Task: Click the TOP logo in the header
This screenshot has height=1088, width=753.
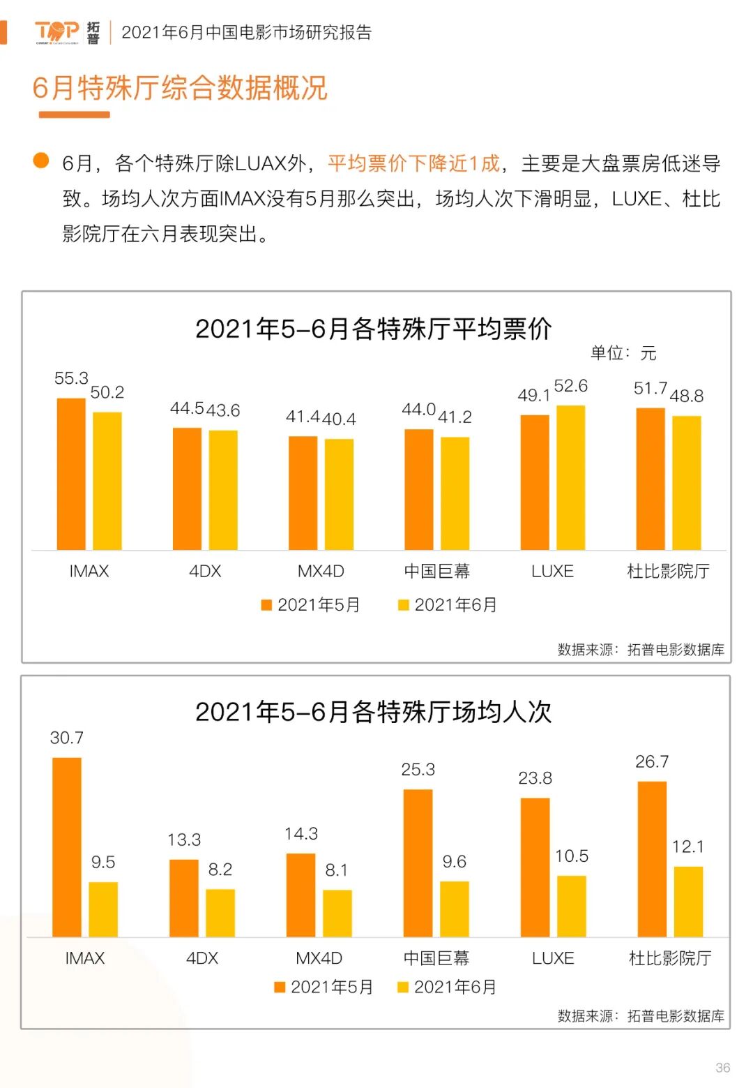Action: pyautogui.click(x=57, y=32)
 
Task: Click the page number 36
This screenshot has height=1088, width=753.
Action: pyautogui.click(x=722, y=1067)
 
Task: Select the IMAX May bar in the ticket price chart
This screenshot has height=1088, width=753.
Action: pyautogui.click(x=71, y=474)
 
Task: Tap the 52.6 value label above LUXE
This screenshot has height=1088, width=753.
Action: pyautogui.click(x=570, y=386)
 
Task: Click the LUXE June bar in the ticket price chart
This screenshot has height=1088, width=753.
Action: pyautogui.click(x=570, y=477)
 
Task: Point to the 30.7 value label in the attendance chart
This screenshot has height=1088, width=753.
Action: pyautogui.click(x=67, y=738)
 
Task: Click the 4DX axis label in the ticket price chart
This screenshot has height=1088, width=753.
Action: pyautogui.click(x=205, y=571)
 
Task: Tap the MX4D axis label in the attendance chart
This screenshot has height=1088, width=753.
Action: pyautogui.click(x=319, y=958)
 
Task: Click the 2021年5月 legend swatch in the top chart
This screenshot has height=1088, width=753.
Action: pyautogui.click(x=266, y=605)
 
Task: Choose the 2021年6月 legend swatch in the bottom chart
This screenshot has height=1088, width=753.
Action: pyautogui.click(x=403, y=987)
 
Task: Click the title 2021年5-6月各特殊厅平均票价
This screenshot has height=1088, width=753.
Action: pyautogui.click(x=374, y=329)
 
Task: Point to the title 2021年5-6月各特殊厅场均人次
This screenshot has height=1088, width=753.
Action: pyautogui.click(x=374, y=712)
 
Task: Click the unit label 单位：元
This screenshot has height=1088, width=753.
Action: pyautogui.click(x=623, y=353)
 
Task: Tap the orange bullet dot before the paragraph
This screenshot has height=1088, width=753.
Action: pyautogui.click(x=41, y=161)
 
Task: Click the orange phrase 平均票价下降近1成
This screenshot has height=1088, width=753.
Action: pyautogui.click(x=414, y=163)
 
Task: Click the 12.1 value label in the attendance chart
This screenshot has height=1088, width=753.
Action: pyautogui.click(x=688, y=847)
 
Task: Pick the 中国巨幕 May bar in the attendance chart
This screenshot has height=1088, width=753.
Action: pyautogui.click(x=418, y=863)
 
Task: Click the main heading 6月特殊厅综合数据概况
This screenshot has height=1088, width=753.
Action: pyautogui.click(x=180, y=88)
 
